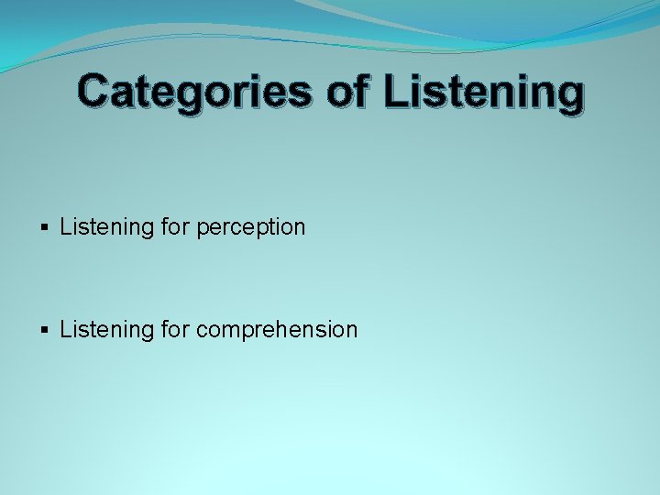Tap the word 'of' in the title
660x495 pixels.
(347, 92)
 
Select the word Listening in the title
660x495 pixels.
(483, 93)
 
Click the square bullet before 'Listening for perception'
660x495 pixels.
(46, 227)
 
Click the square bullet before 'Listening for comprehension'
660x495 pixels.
(46, 330)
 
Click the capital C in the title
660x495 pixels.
(93, 92)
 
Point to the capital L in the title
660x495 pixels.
(395, 92)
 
